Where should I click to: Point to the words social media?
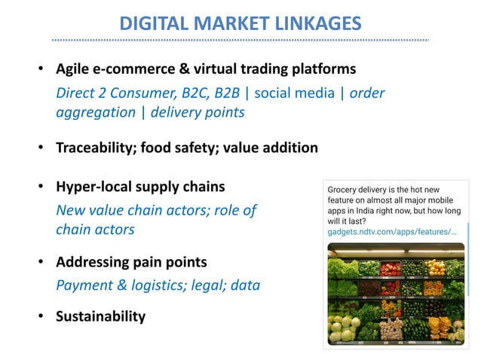click(x=290, y=93)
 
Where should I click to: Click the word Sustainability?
click(x=100, y=316)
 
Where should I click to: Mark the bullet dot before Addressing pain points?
click(x=42, y=264)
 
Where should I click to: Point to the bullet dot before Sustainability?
click(x=42, y=317)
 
